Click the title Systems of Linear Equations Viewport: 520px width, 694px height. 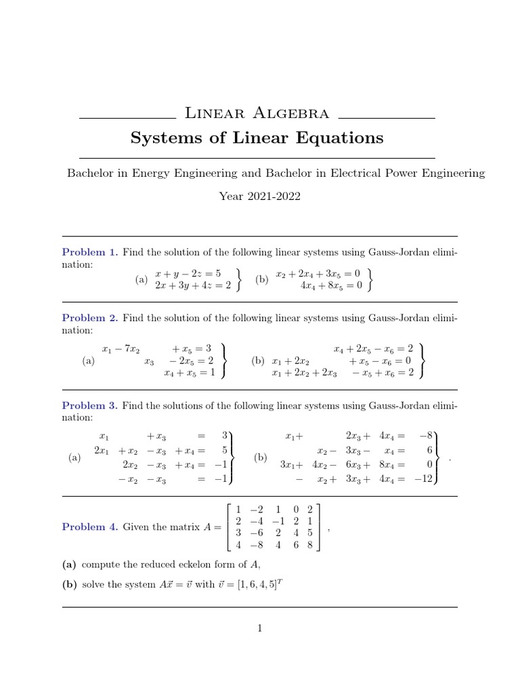tap(257, 138)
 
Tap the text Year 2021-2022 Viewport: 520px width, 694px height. tap(259, 197)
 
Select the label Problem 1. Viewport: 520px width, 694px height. tap(90, 252)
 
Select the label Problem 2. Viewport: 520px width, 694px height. tap(90, 317)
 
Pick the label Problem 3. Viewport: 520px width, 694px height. tap(90, 405)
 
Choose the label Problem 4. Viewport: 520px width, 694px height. tap(90, 527)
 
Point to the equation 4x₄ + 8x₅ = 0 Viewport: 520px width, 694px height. tap(331, 285)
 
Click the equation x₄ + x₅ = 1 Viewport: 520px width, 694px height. tap(189, 373)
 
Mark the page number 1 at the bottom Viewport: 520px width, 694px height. tap(259, 628)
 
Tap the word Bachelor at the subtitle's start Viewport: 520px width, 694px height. tap(90, 173)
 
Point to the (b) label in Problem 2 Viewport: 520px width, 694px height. tap(257, 361)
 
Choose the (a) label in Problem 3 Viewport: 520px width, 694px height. tap(74, 458)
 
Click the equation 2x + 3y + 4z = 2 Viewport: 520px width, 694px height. tap(192, 285)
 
